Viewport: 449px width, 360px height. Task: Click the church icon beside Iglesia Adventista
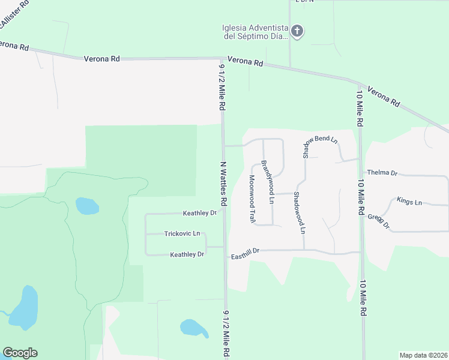pyautogui.click(x=297, y=31)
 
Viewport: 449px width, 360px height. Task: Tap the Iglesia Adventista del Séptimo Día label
pyautogui.click(x=255, y=31)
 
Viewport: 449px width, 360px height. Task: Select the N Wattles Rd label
pyautogui.click(x=223, y=184)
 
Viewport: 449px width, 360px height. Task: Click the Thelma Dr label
pyautogui.click(x=382, y=173)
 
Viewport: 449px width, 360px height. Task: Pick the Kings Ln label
pyautogui.click(x=409, y=202)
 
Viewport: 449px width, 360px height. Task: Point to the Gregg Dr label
pyautogui.click(x=379, y=221)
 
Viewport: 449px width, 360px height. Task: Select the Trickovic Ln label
pyautogui.click(x=182, y=233)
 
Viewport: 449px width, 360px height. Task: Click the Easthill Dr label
pyautogui.click(x=245, y=257)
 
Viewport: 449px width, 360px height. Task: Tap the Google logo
pyautogui.click(x=20, y=353)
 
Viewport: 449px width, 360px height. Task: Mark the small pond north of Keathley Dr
pyautogui.click(x=87, y=206)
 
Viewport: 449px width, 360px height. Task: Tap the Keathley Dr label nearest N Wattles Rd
pyautogui.click(x=200, y=213)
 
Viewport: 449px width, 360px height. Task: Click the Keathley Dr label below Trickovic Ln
pyautogui.click(x=187, y=254)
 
